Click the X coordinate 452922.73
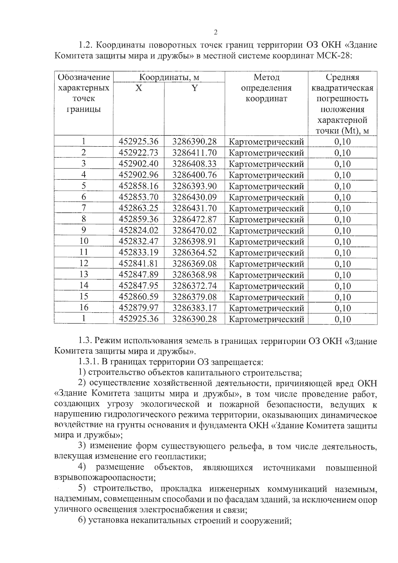coord(139,153)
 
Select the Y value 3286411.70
coord(194,153)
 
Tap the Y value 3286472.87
coord(194,219)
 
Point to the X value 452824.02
coord(139,230)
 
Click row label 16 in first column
coord(84,308)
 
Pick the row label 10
coord(84,241)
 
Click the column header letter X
coord(139,88)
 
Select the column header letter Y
coord(195,88)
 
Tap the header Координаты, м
coord(169,77)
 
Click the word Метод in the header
coord(266,77)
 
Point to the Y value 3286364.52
coord(194,252)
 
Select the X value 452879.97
coord(139,308)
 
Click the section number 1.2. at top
coord(85,45)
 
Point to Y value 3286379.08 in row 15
coord(194,297)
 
